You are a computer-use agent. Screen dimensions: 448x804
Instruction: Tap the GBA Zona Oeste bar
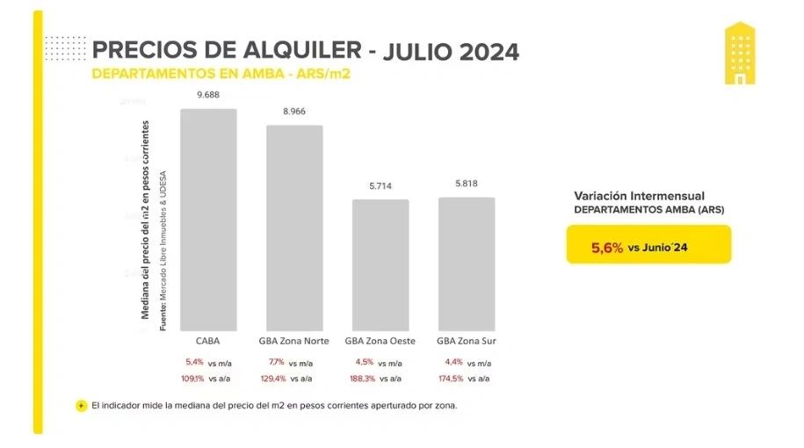point(380,264)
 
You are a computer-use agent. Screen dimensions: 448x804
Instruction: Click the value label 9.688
point(208,94)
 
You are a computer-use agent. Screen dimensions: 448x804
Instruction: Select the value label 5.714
point(380,185)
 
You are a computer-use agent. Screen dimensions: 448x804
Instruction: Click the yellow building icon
point(740,54)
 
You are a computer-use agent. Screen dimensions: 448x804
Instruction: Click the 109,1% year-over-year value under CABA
point(194,379)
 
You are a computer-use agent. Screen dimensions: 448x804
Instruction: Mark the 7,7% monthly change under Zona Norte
point(277,363)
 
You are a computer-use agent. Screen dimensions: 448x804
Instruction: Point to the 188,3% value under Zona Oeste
point(363,379)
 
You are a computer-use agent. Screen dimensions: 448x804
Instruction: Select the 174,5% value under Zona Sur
point(450,379)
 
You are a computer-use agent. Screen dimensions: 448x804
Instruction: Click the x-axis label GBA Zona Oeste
point(380,341)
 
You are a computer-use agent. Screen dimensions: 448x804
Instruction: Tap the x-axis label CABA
point(208,341)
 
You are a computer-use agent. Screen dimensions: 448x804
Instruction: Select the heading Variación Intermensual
point(639,195)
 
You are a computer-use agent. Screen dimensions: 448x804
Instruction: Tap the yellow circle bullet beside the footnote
point(82,406)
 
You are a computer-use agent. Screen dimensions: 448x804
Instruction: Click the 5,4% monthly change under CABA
point(194,363)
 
